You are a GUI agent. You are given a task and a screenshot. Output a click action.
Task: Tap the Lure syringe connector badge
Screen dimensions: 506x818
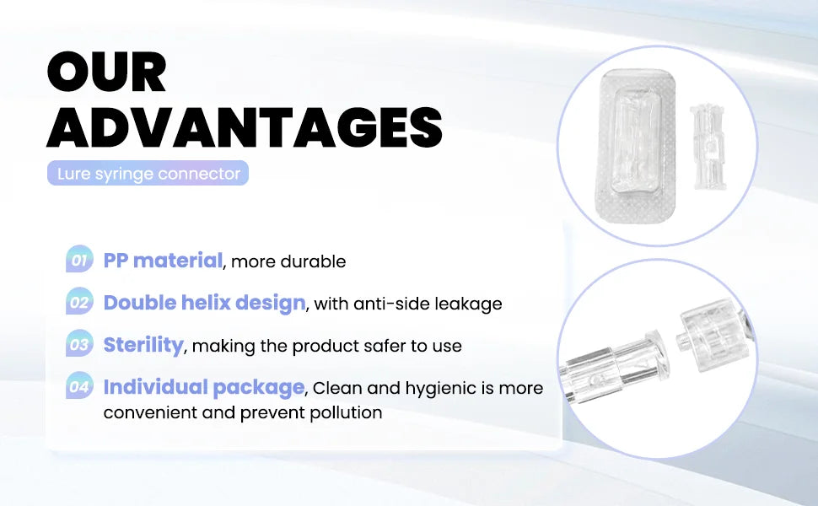[x=148, y=175]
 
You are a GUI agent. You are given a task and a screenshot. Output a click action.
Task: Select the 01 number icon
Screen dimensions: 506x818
[x=78, y=261]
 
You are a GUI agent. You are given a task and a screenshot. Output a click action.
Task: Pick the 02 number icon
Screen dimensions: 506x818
[x=78, y=302]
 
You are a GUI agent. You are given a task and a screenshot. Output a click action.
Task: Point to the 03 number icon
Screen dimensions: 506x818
[x=78, y=344]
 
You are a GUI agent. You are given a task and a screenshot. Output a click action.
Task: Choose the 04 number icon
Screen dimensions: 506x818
[x=78, y=387]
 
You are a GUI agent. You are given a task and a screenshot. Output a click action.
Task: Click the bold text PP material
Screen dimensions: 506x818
[x=163, y=261]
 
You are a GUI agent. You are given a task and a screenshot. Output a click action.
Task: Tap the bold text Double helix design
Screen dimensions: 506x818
[x=204, y=303]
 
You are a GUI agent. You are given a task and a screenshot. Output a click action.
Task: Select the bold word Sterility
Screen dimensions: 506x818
[x=143, y=345]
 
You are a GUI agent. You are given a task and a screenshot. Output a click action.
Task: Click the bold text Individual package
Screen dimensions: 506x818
[x=203, y=388]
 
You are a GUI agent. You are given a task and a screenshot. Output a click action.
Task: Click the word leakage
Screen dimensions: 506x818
[x=469, y=304]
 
